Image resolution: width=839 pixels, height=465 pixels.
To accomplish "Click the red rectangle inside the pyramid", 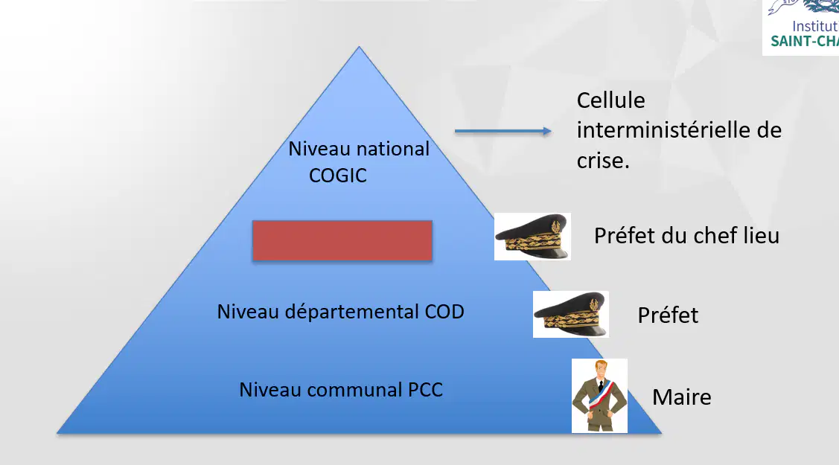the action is pos(342,240).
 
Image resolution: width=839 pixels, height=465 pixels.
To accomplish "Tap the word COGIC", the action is pos(338,176).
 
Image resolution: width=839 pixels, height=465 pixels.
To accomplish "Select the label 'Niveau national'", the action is pos(359,149).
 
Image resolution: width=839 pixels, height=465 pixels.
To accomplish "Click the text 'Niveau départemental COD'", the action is pos(340,312).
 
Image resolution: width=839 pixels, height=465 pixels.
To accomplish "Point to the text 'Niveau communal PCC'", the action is pos(341,390).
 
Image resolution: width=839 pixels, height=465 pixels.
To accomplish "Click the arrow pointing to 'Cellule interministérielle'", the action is pos(503,131).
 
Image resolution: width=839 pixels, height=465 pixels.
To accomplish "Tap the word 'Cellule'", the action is pos(610,100).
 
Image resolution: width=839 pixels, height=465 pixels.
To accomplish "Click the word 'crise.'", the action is pos(603,161).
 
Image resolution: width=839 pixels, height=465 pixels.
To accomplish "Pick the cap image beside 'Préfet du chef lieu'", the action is pos(532,237).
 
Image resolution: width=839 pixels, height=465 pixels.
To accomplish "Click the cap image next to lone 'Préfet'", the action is pos(571,314).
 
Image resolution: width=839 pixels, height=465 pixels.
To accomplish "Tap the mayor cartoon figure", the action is pos(599,396).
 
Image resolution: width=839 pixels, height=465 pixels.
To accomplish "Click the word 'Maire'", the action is pos(682,397).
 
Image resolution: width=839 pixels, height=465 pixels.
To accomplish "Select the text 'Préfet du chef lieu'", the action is pos(686,236).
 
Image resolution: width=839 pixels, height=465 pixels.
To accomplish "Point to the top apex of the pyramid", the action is pos(359,46).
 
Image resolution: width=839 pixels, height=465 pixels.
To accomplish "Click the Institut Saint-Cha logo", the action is pos(800,27).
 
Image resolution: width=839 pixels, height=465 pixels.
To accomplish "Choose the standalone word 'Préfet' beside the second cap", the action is pos(668,315).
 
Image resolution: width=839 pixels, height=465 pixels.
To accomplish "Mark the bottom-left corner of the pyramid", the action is pos(57,433).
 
